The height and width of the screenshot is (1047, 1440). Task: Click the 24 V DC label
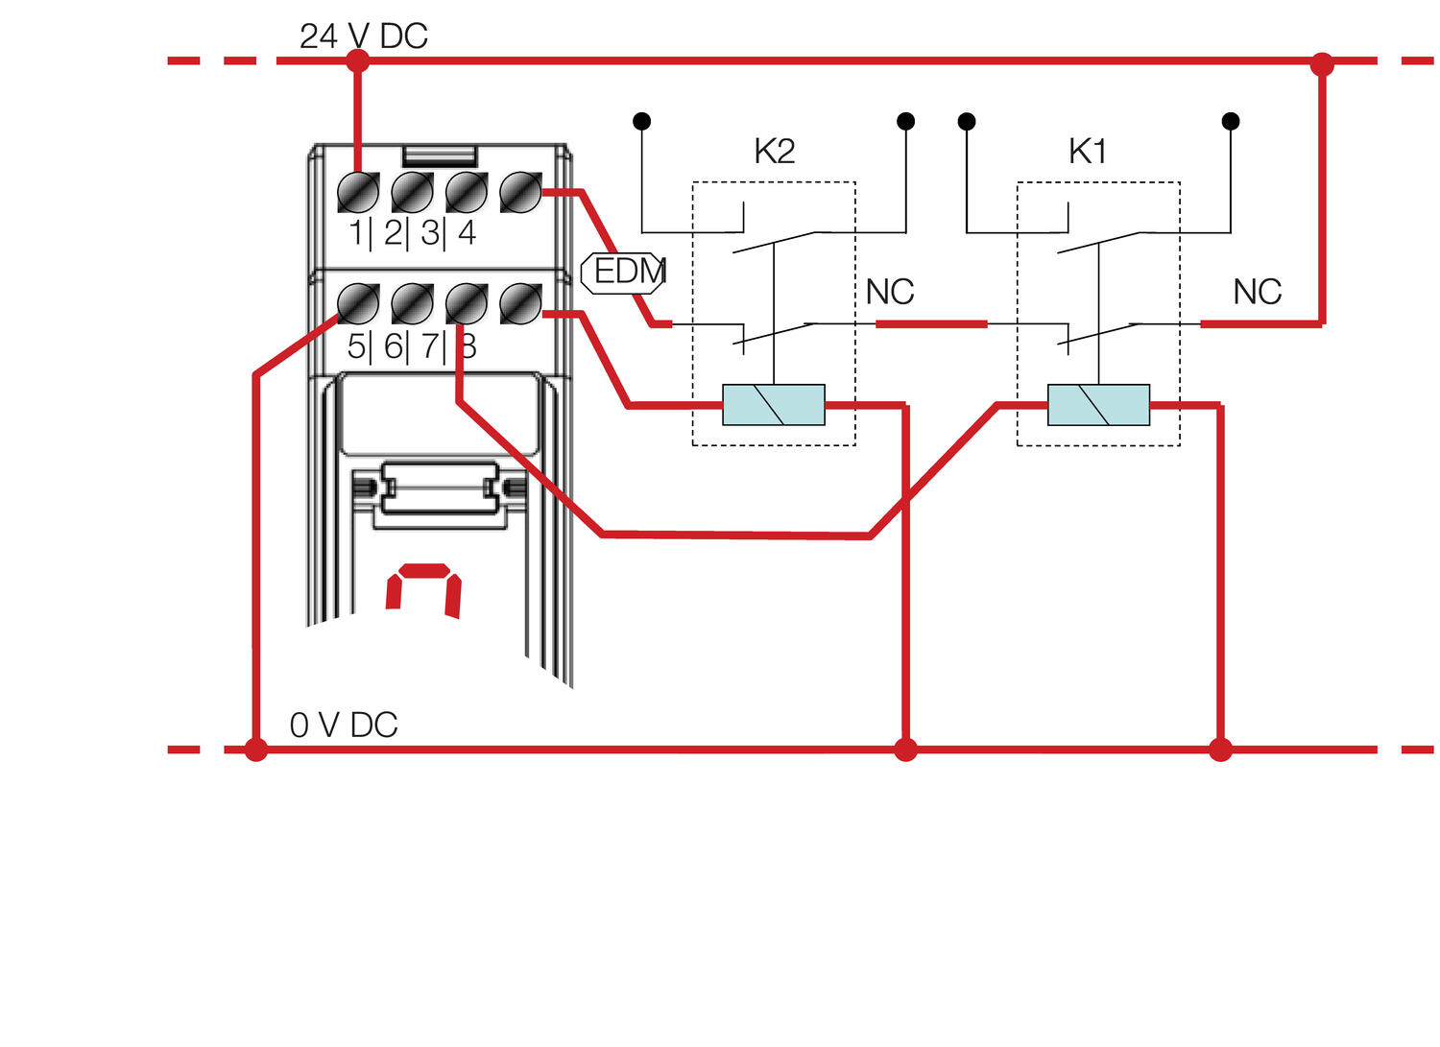[363, 36]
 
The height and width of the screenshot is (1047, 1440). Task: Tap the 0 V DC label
[344, 726]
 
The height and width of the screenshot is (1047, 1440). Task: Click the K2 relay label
[774, 152]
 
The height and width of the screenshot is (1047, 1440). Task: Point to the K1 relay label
[1088, 152]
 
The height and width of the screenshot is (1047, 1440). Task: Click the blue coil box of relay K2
[773, 405]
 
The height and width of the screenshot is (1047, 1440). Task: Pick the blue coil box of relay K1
[1098, 405]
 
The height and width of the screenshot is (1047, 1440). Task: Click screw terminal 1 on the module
[358, 193]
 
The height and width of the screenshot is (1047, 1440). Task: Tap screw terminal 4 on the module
[520, 193]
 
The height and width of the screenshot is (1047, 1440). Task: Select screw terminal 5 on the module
[358, 304]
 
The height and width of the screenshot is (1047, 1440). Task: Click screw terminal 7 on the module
[467, 304]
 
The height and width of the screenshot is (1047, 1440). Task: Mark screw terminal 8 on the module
[520, 304]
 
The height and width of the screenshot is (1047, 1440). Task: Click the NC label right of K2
[890, 293]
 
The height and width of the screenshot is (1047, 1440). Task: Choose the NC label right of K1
[1257, 293]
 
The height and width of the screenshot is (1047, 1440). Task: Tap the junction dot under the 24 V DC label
[357, 61]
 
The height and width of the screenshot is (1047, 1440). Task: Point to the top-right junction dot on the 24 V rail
[1322, 64]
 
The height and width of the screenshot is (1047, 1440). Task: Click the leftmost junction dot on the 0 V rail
[255, 750]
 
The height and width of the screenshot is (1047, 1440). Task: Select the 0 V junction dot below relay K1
[1220, 750]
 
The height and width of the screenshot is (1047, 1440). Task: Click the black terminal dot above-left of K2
[642, 121]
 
